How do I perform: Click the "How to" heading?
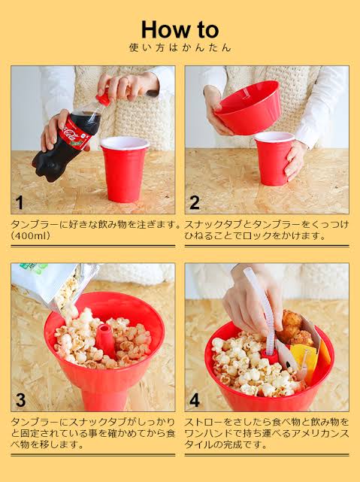tap(180, 30)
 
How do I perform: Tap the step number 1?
tap(20, 203)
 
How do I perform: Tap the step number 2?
tap(195, 202)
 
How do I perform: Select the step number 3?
tap(20, 400)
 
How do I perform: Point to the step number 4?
tap(195, 400)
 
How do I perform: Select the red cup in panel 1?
tap(124, 169)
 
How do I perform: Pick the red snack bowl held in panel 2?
tap(248, 108)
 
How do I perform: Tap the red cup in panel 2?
tap(274, 159)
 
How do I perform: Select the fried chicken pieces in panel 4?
tap(295, 329)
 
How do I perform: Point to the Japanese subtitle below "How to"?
tap(180, 47)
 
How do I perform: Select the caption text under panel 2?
tap(267, 230)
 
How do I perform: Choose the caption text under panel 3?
tap(93, 433)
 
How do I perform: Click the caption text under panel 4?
tap(267, 433)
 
